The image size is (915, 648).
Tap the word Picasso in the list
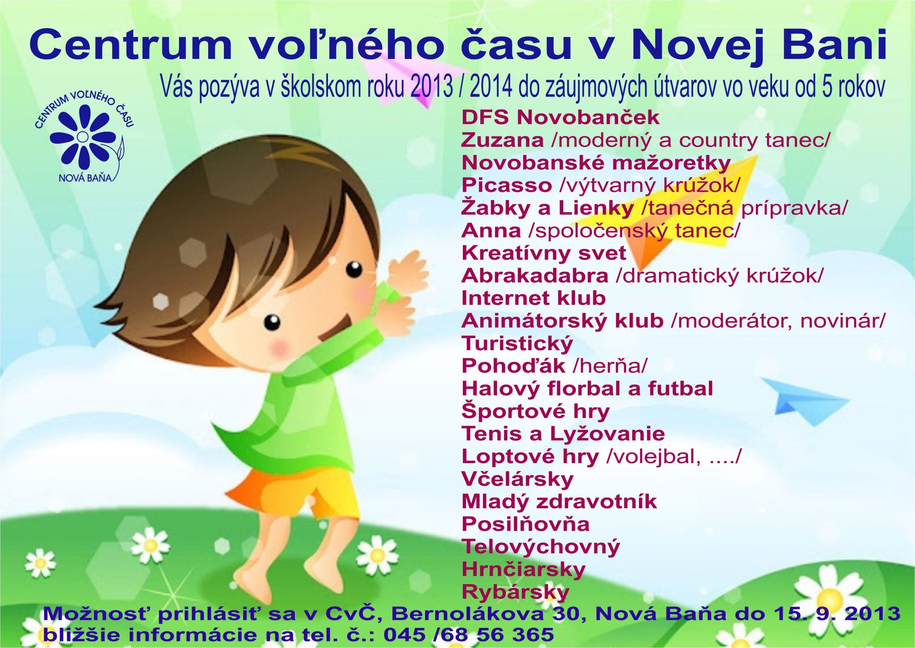tap(507, 185)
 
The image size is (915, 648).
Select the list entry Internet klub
tap(533, 298)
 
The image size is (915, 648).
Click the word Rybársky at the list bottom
tap(516, 592)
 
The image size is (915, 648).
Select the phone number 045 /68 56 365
tap(469, 635)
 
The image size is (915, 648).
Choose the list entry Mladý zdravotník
tap(559, 502)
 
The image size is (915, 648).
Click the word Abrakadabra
tap(535, 276)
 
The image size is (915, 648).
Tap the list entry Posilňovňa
tap(525, 524)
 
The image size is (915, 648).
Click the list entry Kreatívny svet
tap(544, 253)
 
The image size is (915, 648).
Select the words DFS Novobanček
tap(560, 117)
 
